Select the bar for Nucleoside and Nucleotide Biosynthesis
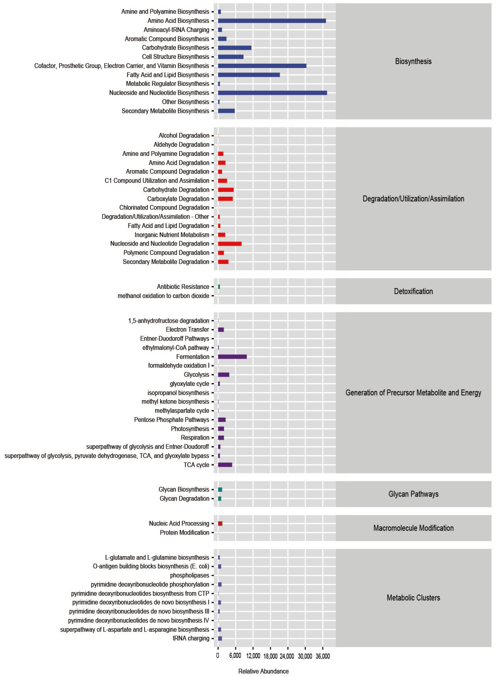tap(272, 93)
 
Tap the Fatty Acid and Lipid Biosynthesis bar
tap(249, 75)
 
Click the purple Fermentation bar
tap(232, 357)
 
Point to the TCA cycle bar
tap(225, 465)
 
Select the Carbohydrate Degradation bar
tap(226, 190)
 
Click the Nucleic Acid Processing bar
tap(220, 524)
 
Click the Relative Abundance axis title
tap(263, 671)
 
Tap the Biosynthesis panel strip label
tap(413, 61)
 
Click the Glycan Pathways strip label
tap(413, 494)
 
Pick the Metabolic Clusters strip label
tap(413, 598)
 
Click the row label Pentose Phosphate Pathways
tap(171, 420)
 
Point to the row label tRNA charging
tap(191, 638)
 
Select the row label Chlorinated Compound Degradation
tap(164, 208)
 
